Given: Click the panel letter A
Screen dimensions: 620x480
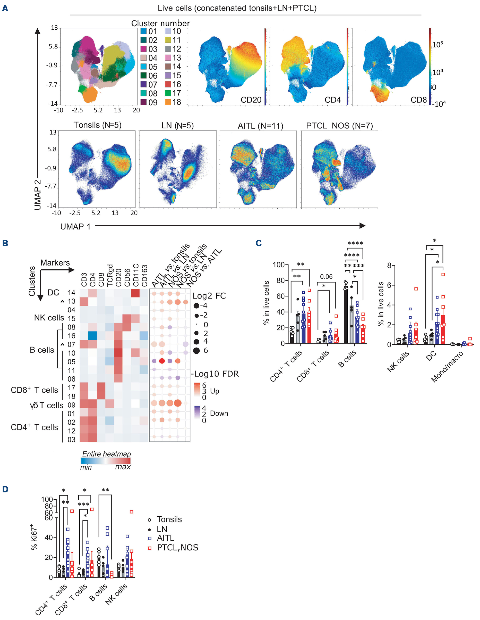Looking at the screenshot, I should [x=5, y=8].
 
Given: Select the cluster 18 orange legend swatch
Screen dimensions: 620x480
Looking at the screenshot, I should [x=168, y=102].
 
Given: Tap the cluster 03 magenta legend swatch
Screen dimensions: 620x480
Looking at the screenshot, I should [x=144, y=49].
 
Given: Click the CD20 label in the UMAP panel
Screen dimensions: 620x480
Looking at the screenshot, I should [x=251, y=100].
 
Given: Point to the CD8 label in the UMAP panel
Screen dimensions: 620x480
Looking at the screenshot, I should [x=418, y=100].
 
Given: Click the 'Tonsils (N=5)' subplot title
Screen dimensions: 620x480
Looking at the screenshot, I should [x=97, y=125].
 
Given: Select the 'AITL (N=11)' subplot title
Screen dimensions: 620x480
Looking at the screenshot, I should [x=260, y=126].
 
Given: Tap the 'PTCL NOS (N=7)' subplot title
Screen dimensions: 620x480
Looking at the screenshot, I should [x=339, y=126].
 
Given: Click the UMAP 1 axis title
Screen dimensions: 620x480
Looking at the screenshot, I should [x=75, y=227].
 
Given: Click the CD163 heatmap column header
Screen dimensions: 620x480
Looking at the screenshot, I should [x=145, y=276].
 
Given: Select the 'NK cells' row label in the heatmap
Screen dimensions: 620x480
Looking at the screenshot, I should [x=49, y=318].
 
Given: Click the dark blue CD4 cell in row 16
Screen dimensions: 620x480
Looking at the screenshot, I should [x=92, y=336].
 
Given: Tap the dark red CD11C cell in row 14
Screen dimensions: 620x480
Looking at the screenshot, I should [x=135, y=293].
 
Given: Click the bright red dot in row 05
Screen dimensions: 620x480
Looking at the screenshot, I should [x=162, y=361].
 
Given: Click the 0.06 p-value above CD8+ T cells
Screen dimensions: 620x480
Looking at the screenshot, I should [x=326, y=277].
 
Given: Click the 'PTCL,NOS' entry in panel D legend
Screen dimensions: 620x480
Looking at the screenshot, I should [x=177, y=548].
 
